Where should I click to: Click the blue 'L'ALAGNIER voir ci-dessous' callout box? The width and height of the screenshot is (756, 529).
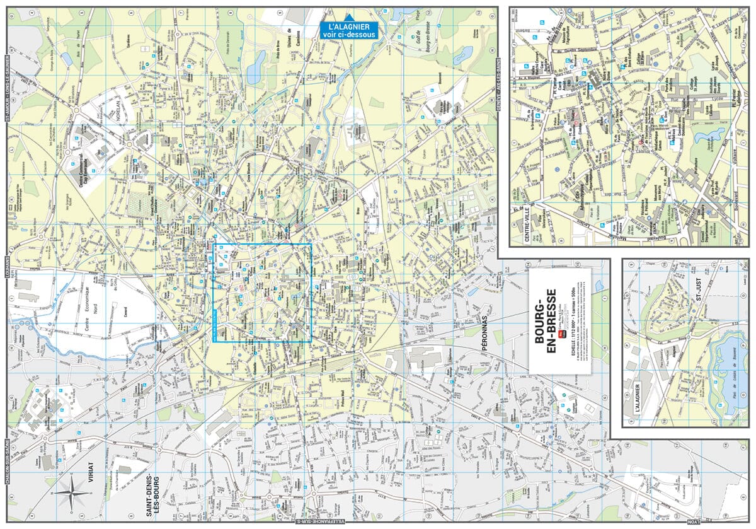[348, 31]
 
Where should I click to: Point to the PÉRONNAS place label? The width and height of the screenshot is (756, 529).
[486, 339]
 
